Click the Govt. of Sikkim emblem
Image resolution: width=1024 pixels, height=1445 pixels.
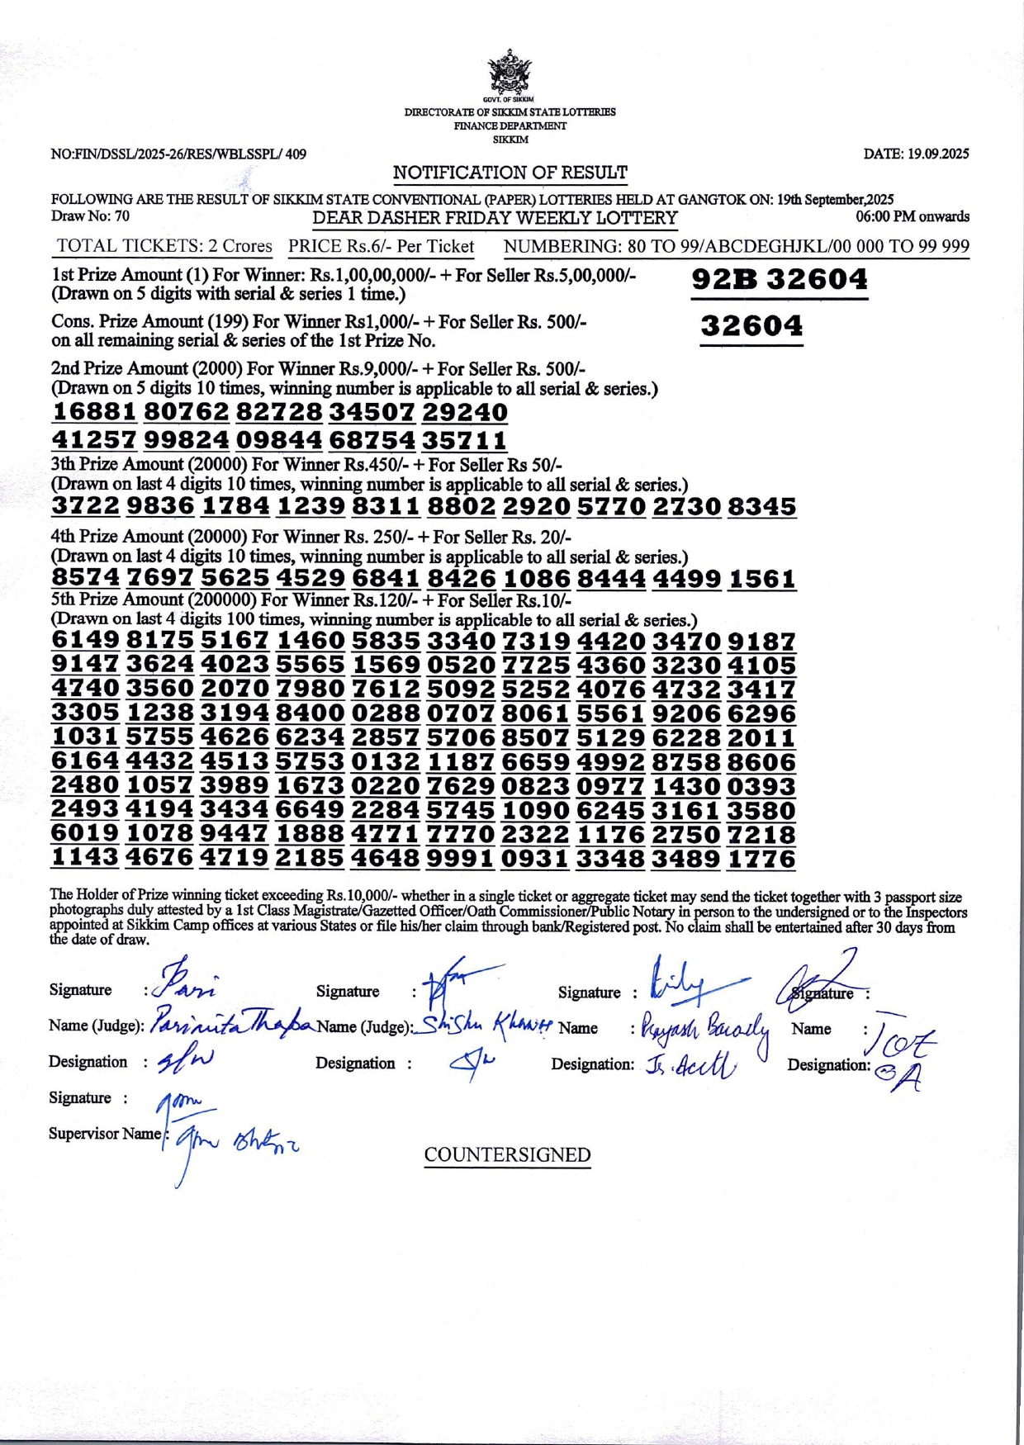510,73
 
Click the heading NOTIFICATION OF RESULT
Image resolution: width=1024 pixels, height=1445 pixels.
510,173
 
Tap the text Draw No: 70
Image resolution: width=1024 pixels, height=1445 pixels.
90,216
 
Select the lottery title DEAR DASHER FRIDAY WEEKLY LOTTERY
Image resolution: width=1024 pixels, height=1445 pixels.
495,219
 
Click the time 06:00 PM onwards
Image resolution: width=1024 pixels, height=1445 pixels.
913,216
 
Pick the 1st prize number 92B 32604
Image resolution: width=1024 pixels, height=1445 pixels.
780,280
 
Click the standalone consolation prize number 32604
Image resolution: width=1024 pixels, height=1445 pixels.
751,326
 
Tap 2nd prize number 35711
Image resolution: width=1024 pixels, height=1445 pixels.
464,439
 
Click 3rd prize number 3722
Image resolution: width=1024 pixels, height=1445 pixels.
86,506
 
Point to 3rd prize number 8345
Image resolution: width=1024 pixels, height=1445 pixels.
761,506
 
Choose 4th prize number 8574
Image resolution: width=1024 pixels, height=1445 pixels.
86,578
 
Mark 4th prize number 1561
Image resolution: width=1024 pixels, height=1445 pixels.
761,578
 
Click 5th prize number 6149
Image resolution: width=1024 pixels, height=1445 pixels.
86,640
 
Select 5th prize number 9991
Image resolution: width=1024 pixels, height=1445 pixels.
461,858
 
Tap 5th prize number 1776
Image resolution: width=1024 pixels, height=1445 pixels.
761,858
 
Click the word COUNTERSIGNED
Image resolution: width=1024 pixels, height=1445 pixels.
507,1154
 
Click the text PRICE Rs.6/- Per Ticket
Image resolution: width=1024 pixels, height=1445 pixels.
381,246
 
